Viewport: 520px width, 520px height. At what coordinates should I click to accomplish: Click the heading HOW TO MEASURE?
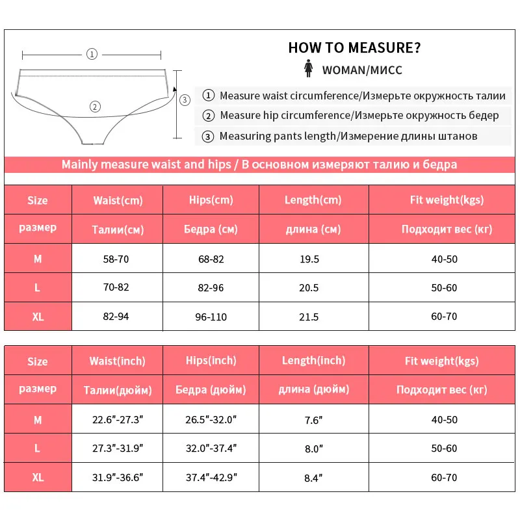354,48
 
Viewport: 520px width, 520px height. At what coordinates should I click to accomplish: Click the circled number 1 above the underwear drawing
92,55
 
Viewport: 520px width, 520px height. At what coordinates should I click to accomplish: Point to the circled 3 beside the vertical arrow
185,99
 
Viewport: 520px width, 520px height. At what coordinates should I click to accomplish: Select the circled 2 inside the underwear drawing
95,107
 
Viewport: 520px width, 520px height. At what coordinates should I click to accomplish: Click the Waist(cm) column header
118,200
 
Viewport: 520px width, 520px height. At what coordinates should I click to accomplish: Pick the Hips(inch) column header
212,361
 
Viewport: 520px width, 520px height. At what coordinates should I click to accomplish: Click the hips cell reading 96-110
211,317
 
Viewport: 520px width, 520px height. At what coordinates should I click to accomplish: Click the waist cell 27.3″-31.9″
118,448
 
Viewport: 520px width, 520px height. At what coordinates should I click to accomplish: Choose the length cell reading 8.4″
313,478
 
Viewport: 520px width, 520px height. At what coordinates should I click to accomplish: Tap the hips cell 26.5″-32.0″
212,420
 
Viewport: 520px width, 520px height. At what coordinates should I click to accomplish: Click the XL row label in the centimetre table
38,317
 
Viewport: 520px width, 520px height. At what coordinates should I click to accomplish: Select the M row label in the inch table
38,420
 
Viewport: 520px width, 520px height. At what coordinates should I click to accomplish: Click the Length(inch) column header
313,361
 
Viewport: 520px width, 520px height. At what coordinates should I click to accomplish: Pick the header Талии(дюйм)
118,390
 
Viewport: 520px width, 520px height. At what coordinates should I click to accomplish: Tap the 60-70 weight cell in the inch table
444,478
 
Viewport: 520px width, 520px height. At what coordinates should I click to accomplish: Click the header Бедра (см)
211,229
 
